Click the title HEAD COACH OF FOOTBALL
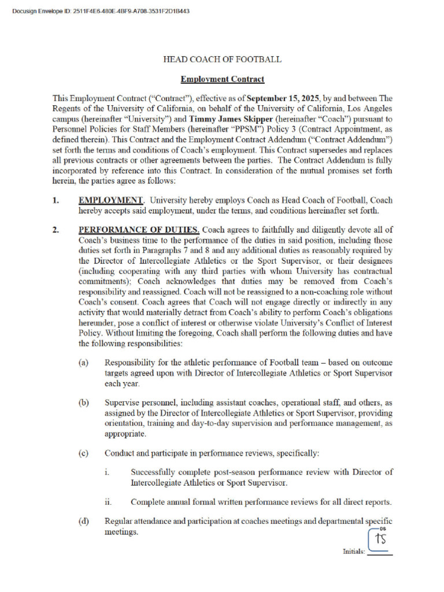[223, 60]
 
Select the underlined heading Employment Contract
[223, 79]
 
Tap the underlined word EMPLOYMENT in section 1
[110, 201]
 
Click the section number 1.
[56, 201]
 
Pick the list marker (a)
[84, 363]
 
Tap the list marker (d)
[84, 521]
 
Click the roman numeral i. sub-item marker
[108, 472]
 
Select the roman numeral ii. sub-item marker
[109, 502]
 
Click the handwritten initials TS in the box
[380, 539]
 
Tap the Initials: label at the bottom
[354, 552]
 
